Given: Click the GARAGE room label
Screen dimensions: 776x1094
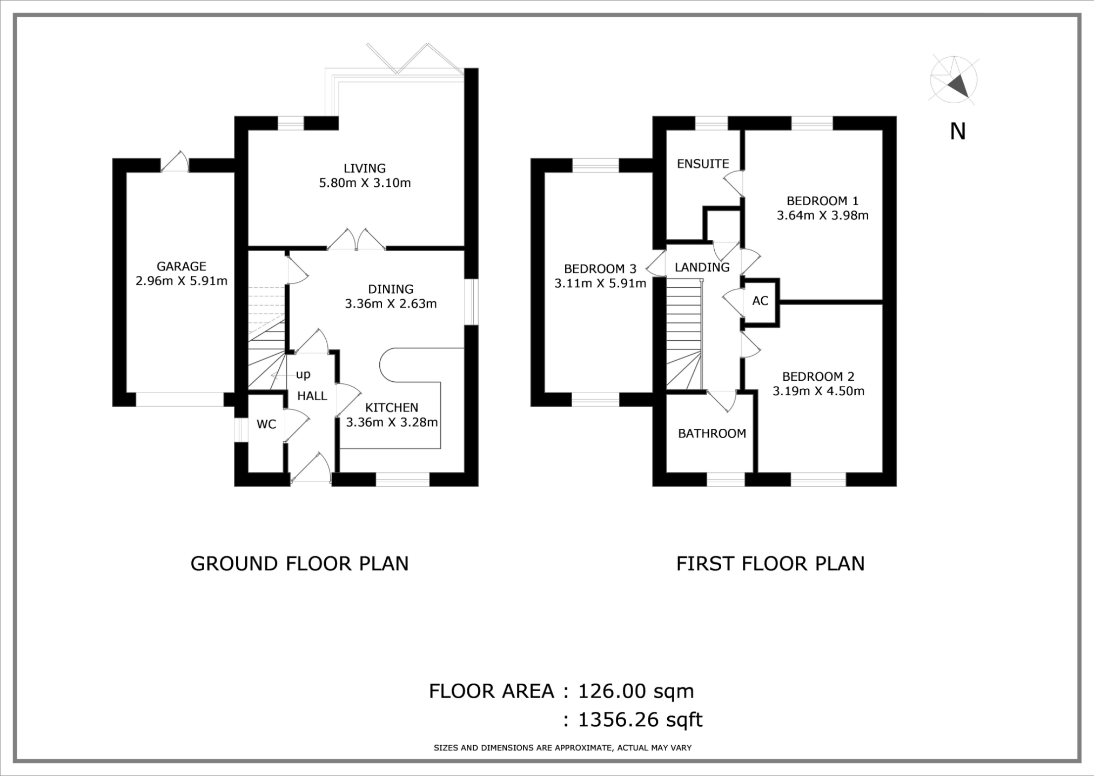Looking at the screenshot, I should pos(181,266).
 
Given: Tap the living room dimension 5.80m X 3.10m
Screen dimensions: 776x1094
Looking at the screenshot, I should pos(365,183).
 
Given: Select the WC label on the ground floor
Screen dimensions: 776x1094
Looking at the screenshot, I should pos(266,424).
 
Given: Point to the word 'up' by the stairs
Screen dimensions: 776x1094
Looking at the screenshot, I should pos(303,374).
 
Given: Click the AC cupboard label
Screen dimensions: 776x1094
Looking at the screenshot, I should pos(760,301).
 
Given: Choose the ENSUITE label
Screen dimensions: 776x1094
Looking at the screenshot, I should pos(702,164).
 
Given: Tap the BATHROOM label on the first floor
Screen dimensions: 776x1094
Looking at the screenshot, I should pos(712,433).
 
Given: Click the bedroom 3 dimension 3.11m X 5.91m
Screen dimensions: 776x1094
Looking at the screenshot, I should pos(600,284).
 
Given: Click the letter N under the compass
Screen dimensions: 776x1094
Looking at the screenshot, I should pos(957,132).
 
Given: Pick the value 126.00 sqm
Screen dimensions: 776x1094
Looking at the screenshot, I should pos(635,691).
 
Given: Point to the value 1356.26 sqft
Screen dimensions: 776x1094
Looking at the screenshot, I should pos(640,720).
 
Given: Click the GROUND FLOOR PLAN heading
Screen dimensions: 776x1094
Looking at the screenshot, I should pos(299,564).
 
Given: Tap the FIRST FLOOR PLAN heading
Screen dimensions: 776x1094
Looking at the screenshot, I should pos(770,564).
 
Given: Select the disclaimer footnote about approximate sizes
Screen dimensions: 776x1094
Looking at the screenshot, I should pos(562,748).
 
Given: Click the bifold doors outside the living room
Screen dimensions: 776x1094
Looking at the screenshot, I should pos(413,59).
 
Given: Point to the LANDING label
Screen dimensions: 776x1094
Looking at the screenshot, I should pos(702,267).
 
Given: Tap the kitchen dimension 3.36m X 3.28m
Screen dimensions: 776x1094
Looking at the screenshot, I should pos(391,422).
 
